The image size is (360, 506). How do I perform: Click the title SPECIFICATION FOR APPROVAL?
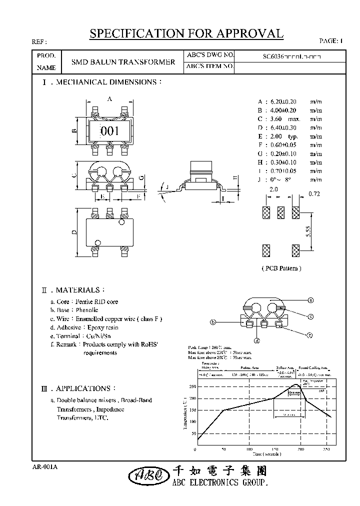pos(186,33)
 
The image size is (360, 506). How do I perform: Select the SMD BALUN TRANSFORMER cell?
pos(123,62)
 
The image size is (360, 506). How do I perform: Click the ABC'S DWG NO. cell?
pos(210,55)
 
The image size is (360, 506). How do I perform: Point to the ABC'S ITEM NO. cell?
pos(210,66)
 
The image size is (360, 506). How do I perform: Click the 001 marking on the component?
pos(110,131)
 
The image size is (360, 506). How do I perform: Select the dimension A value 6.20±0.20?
pos(283,101)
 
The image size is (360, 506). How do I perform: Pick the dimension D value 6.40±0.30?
pos(283,127)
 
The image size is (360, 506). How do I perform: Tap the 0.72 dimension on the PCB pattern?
pos(314,193)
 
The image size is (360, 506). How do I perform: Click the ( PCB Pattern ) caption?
pos(281,268)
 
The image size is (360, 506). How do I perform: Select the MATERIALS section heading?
pos(80,290)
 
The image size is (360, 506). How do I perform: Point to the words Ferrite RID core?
pos(96,301)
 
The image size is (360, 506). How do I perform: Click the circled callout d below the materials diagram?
pos(257,341)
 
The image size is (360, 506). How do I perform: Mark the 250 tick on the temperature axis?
pos(192,387)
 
